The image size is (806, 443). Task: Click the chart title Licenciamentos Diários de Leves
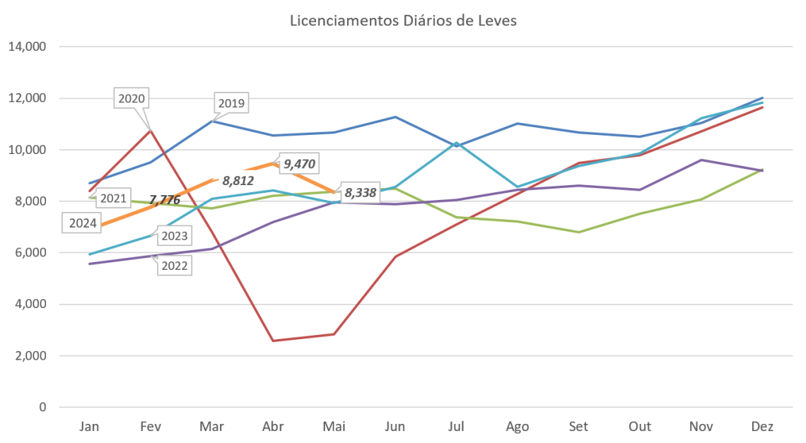click(x=403, y=21)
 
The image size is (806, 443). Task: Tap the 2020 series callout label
click(x=132, y=99)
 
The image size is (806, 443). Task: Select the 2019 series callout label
click(x=231, y=104)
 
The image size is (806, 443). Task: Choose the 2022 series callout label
click(x=173, y=266)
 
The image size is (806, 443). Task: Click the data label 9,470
click(x=298, y=165)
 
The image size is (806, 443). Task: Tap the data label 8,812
click(x=238, y=180)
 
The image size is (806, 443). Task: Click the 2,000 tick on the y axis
click(x=30, y=356)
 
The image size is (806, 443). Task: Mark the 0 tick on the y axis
click(x=42, y=408)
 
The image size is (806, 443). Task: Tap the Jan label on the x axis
click(x=89, y=427)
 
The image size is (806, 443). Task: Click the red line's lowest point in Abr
click(x=273, y=341)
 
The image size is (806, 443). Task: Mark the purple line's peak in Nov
click(x=701, y=160)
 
